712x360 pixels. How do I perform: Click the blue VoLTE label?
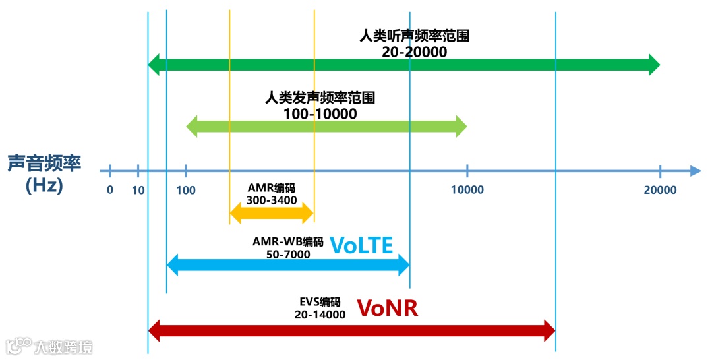[361, 245]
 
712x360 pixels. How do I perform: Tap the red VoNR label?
[388, 308]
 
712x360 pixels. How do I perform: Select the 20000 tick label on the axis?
[660, 190]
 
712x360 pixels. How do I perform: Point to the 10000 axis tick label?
[467, 190]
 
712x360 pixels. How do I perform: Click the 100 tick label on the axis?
[186, 190]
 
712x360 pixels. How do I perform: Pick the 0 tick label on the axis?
[110, 190]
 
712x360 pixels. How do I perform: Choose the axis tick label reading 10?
[138, 190]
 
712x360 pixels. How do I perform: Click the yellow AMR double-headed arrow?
[272, 212]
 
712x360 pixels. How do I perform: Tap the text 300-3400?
[272, 200]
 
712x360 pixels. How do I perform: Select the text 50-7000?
[288, 255]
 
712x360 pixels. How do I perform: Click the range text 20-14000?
[320, 315]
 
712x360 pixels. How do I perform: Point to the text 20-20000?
[414, 51]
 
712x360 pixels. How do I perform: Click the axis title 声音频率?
[45, 163]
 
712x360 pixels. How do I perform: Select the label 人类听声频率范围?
[414, 36]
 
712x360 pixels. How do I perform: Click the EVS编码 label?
[320, 302]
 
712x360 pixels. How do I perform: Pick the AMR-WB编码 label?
[288, 241]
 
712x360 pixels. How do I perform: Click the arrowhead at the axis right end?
[696, 171]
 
